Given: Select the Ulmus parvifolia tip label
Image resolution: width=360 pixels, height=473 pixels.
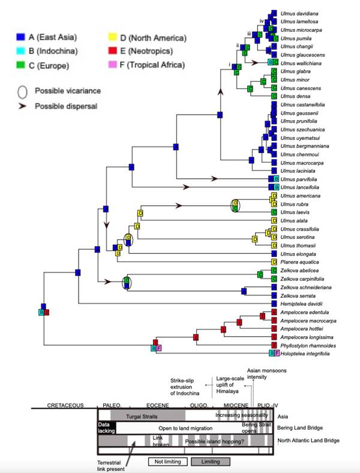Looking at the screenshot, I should [x=298, y=179].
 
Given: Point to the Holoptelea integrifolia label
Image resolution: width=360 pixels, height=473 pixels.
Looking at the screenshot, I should [x=306, y=354].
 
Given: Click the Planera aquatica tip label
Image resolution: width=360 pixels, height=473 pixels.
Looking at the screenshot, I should [x=296, y=262].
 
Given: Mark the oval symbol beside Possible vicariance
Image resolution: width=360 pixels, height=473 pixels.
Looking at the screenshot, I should [x=21, y=91].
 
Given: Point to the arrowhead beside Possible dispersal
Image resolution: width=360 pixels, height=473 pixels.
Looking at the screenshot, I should [x=21, y=106].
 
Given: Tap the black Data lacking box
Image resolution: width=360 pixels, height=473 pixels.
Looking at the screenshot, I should [x=106, y=427].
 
